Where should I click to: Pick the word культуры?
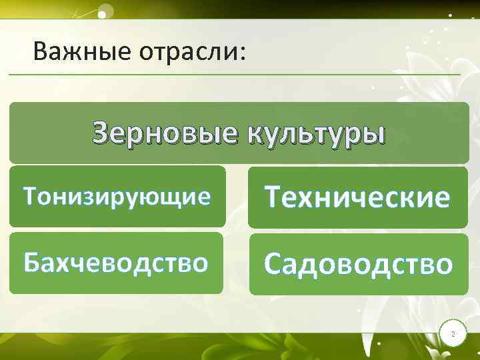click(x=316, y=133)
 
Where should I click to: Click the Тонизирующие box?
click(x=117, y=197)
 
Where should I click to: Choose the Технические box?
click(x=358, y=197)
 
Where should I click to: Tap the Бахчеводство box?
click(x=116, y=263)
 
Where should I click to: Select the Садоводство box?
click(x=359, y=264)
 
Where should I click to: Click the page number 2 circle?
click(x=453, y=333)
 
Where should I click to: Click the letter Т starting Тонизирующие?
click(x=31, y=197)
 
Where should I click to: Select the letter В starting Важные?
click(x=41, y=51)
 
